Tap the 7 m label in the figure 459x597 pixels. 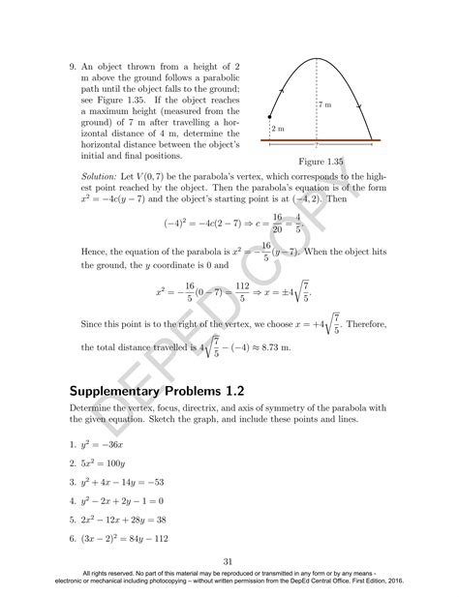click(x=326, y=103)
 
